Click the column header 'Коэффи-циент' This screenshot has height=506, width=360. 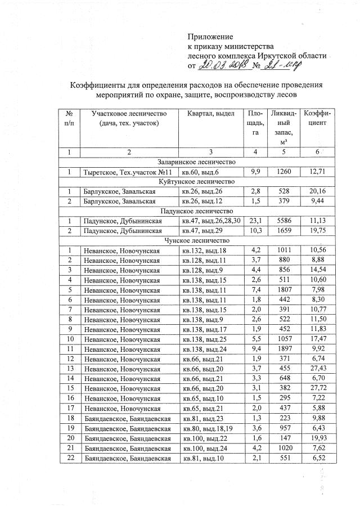point(317,118)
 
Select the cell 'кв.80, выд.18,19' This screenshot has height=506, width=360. point(207,428)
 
